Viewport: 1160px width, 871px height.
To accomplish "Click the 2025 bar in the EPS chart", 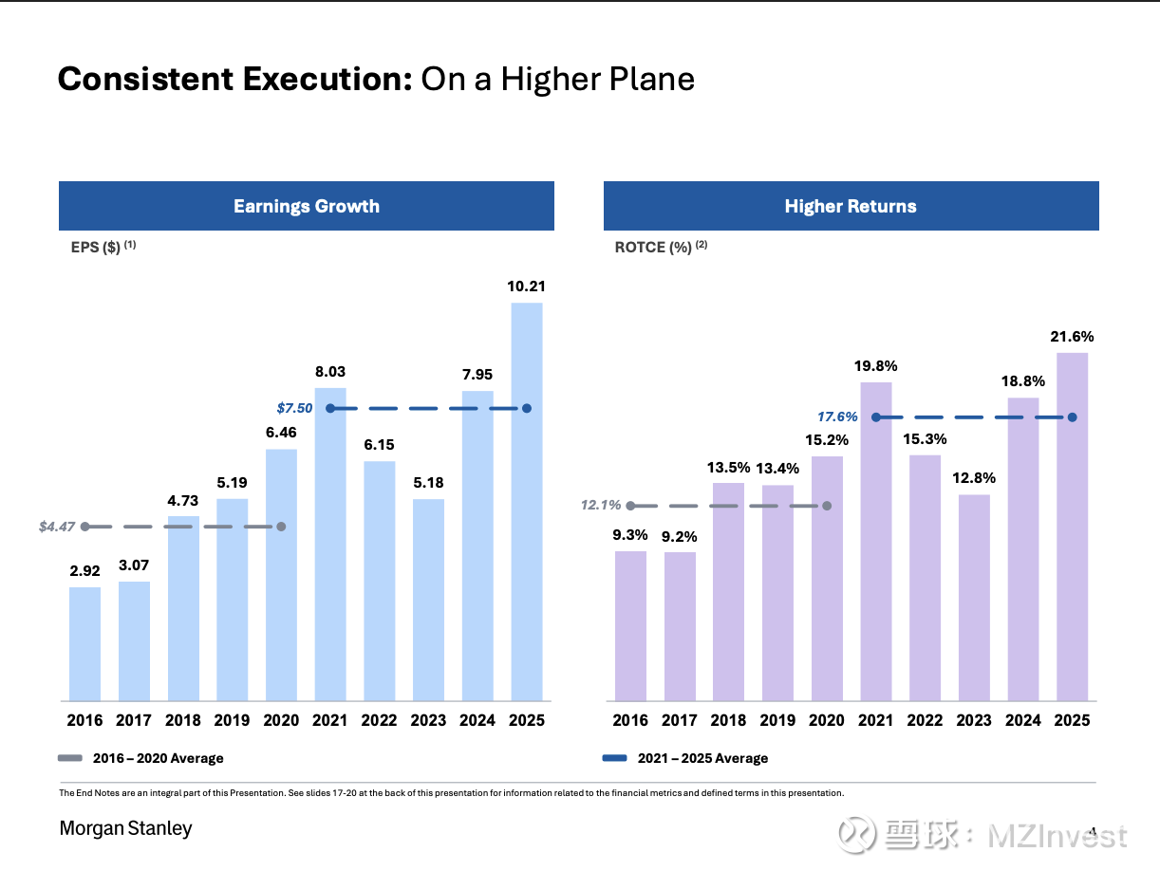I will coord(527,503).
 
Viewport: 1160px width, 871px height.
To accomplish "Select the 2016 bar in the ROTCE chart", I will coord(630,626).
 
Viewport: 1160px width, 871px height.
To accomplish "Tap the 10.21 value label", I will coord(527,286).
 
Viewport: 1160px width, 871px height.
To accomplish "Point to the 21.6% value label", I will coord(1072,336).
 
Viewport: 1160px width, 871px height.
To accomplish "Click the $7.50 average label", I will coord(294,408).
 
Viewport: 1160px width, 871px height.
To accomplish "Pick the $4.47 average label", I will coord(57,527).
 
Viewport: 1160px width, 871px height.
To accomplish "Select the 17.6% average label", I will coord(837,417).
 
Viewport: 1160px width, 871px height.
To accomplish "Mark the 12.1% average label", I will coord(601,506).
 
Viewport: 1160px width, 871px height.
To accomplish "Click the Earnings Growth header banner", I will coord(307,206).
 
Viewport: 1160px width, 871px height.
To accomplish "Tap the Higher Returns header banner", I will coord(851,206).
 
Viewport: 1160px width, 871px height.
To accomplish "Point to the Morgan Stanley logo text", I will coord(125,828).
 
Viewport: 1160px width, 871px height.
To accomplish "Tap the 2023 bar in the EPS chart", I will coord(428,600).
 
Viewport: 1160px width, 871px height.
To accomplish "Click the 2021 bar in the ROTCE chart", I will coord(876,541).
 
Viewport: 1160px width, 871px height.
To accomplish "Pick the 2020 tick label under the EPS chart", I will coord(281,720).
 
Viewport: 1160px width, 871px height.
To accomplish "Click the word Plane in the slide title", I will coord(650,79).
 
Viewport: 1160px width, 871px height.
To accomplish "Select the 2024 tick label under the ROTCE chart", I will coord(1023,720).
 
